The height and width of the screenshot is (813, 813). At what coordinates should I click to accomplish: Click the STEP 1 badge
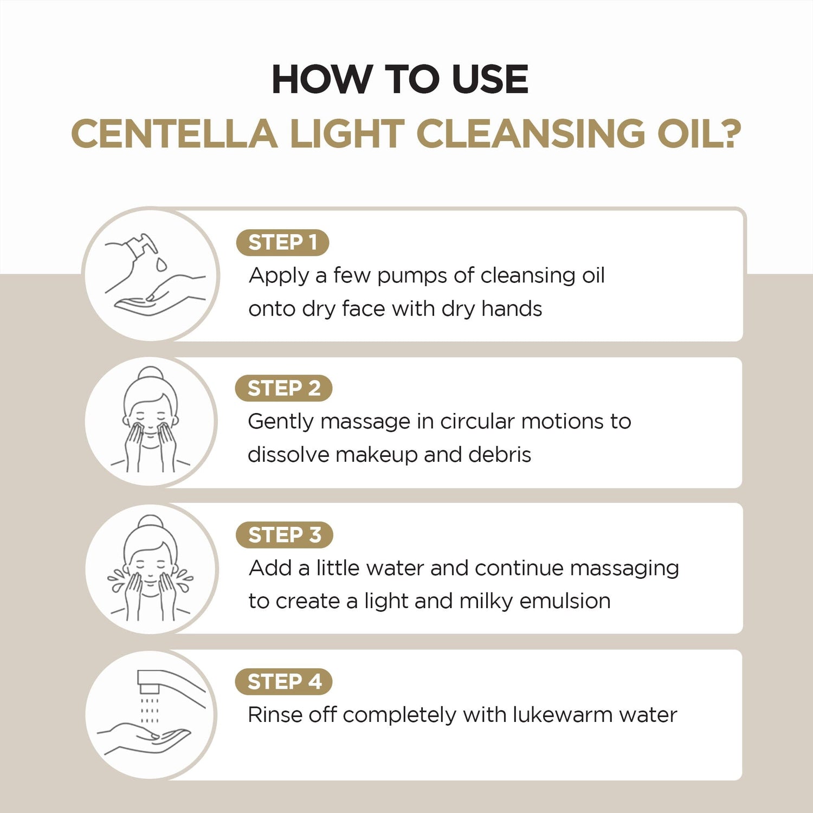tap(282, 242)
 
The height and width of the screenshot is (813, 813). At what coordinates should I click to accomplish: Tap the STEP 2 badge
tap(283, 388)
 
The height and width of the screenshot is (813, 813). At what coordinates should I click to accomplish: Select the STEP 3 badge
tap(284, 535)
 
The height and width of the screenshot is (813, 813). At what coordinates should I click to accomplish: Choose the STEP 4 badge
tap(283, 681)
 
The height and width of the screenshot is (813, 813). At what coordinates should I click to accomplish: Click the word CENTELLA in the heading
tap(174, 134)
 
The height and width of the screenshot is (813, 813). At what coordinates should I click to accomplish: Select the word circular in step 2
tap(477, 422)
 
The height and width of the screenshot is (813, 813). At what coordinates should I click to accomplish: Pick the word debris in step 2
tap(500, 455)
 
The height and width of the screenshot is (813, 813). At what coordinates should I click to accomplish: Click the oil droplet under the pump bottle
tap(161, 264)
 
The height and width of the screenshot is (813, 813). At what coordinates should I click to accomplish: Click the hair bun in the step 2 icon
tap(151, 375)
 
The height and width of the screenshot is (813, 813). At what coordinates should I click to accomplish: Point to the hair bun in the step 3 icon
tap(151, 522)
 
